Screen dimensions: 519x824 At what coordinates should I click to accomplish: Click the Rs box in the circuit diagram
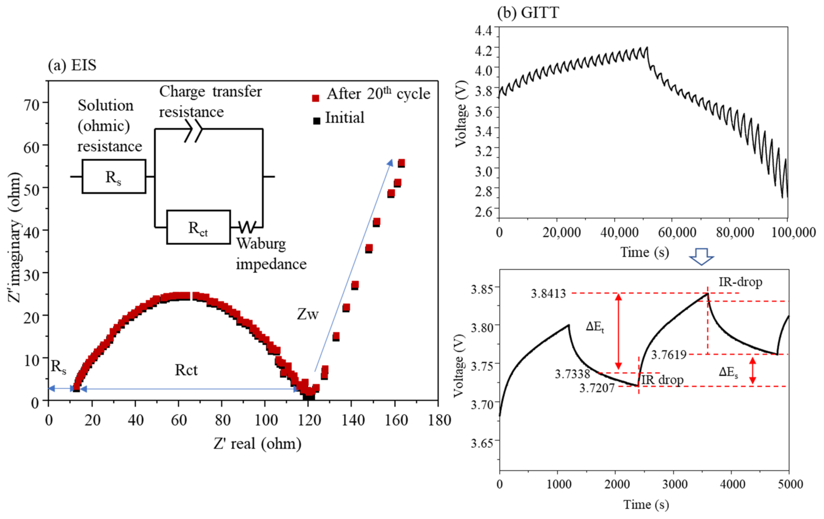click(x=114, y=177)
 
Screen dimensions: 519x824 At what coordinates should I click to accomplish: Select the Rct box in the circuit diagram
click(x=198, y=227)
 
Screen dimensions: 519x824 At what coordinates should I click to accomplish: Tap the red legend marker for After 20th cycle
click(x=316, y=98)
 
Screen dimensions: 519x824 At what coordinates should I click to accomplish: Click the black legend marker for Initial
click(x=317, y=121)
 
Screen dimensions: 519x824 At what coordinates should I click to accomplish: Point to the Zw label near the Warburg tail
click(x=307, y=314)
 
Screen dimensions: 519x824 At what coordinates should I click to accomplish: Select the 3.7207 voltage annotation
click(x=597, y=388)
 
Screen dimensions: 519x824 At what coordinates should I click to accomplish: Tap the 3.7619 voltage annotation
click(x=669, y=355)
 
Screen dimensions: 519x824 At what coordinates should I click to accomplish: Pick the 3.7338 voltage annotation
click(x=572, y=374)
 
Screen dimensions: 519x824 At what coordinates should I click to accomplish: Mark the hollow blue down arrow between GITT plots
click(x=701, y=257)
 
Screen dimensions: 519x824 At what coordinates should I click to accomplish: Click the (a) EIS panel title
click(x=72, y=65)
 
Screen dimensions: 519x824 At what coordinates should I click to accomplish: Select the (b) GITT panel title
click(x=528, y=13)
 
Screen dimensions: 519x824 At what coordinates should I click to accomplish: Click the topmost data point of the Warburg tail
click(x=401, y=163)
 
